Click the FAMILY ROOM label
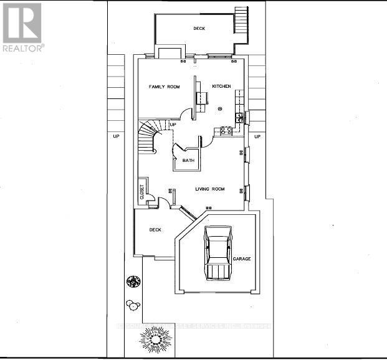pyautogui.click(x=164, y=87)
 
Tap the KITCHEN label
pyautogui.click(x=221, y=86)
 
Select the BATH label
pyautogui.click(x=188, y=161)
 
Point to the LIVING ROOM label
pyautogui.click(x=210, y=189)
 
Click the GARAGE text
pyautogui.click(x=242, y=258)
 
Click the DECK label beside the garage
pyautogui.click(x=155, y=230)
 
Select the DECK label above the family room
pyautogui.click(x=199, y=28)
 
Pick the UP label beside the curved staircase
pyautogui.click(x=173, y=125)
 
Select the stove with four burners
pyautogui.click(x=226, y=131)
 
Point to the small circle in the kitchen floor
pyautogui.click(x=220, y=108)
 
